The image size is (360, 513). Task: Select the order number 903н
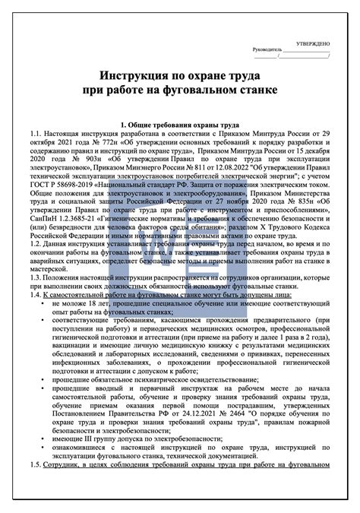[89, 160]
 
